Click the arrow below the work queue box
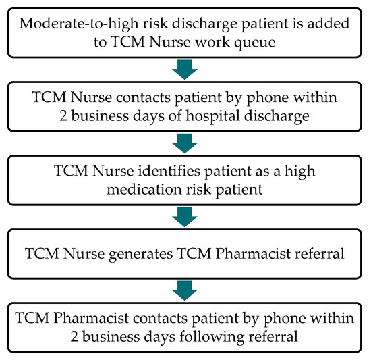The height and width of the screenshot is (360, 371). point(185,68)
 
